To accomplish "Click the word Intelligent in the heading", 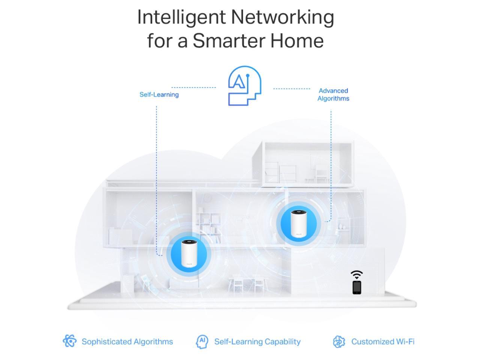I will [x=181, y=18].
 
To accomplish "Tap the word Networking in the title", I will [x=282, y=18].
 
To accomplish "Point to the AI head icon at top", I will [x=244, y=86].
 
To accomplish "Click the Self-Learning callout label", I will [x=159, y=94].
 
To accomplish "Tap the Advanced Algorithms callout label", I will [x=333, y=94].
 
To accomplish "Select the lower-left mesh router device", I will [x=189, y=254].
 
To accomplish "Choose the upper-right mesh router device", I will [x=298, y=223].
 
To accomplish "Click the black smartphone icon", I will [x=357, y=287].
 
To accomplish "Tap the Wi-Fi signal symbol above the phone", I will [x=357, y=275].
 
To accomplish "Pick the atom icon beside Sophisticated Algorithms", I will [x=69, y=341].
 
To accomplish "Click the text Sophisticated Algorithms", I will [x=127, y=342].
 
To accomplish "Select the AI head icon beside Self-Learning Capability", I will [x=202, y=341].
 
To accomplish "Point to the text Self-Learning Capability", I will [x=257, y=342].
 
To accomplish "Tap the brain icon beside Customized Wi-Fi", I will [x=339, y=341].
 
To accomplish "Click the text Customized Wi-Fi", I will [x=382, y=342].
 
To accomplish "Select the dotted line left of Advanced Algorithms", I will [x=291, y=89].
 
